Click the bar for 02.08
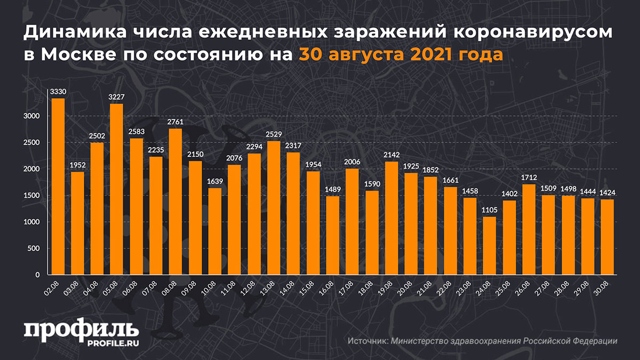[58, 187]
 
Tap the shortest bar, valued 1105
[489, 246]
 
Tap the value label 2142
[391, 156]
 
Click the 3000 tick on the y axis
[31, 116]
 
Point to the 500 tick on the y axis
[34, 249]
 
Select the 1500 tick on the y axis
[31, 196]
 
